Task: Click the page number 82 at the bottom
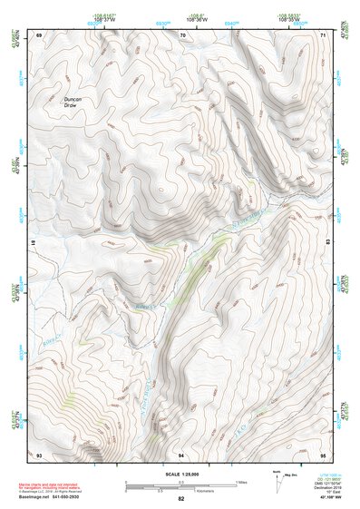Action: (x=181, y=500)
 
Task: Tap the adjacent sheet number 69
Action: (x=39, y=34)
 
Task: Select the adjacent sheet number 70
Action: (x=182, y=34)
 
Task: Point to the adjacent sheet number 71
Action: (x=323, y=34)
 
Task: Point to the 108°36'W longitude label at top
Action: (x=182, y=17)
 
